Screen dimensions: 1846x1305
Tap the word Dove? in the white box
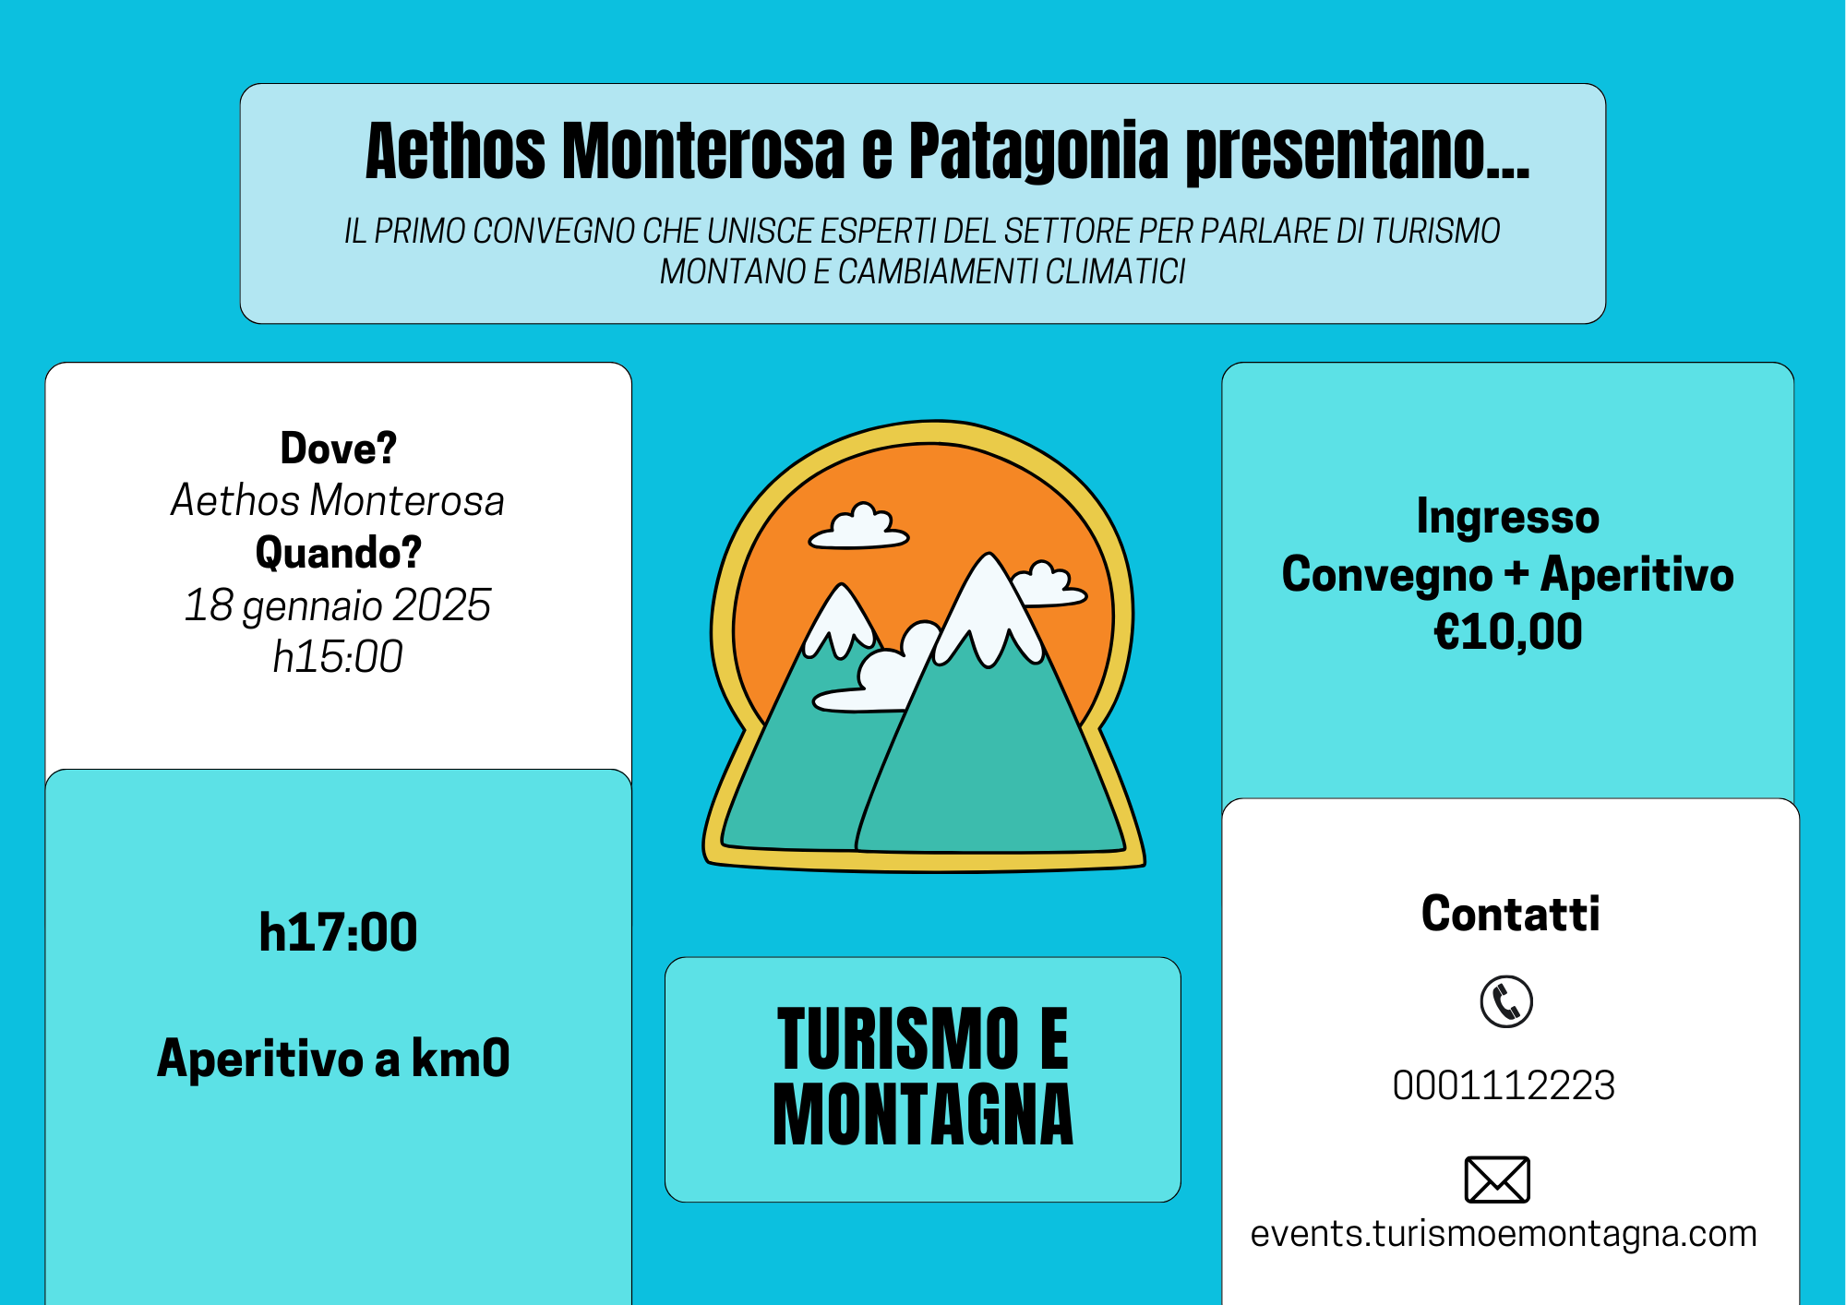tap(338, 449)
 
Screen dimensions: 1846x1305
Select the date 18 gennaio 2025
tap(338, 605)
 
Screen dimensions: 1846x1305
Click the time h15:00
tap(338, 657)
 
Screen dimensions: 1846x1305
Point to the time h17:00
tap(338, 932)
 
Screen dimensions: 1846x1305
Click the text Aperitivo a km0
tap(333, 1058)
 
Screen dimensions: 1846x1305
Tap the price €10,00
tap(1508, 632)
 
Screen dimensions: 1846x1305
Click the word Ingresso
tap(1508, 517)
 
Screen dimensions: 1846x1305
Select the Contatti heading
tap(1510, 914)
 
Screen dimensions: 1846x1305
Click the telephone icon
tap(1506, 1001)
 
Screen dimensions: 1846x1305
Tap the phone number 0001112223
tap(1504, 1085)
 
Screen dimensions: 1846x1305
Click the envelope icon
tap(1497, 1179)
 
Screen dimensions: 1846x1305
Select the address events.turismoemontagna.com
tap(1504, 1234)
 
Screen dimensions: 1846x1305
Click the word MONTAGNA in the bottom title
tap(923, 1115)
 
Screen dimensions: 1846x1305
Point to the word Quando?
tap(338, 553)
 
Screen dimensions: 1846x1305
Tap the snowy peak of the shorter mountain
tap(841, 618)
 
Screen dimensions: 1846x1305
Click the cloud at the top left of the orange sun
tap(859, 527)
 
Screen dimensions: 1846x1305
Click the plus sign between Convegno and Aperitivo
tap(1516, 575)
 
